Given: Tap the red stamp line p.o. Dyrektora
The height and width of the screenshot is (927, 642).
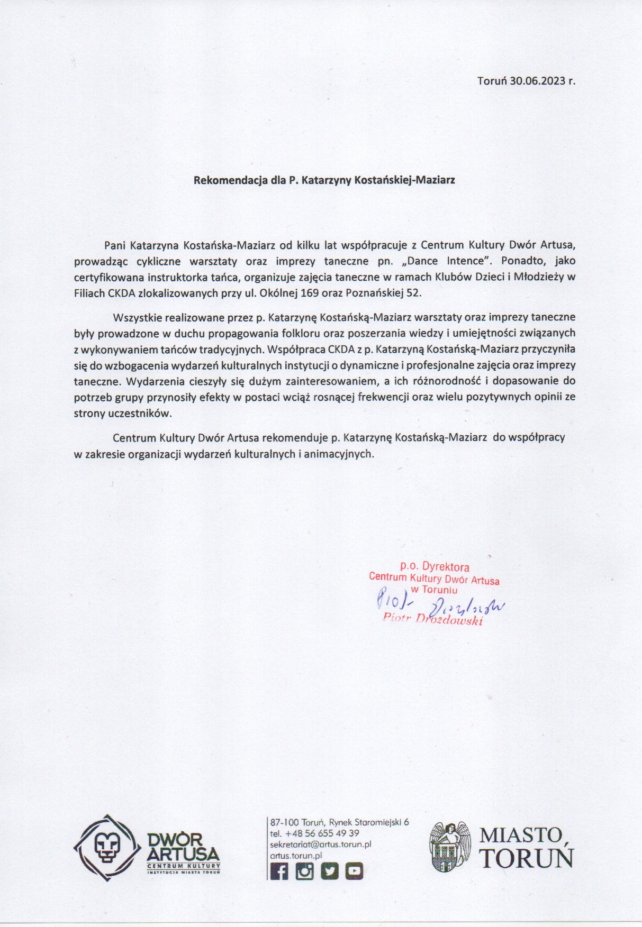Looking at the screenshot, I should pyautogui.click(x=435, y=567).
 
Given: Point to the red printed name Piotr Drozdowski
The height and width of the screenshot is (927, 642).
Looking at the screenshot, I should pyautogui.click(x=433, y=619).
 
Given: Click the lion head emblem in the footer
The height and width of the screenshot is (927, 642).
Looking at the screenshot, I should pyautogui.click(x=107, y=846).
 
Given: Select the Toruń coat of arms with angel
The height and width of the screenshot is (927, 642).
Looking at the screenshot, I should pyautogui.click(x=450, y=847).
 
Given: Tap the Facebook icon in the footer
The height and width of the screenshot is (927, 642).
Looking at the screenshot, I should pyautogui.click(x=279, y=871).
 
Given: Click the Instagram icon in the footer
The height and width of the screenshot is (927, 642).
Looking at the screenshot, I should pyautogui.click(x=304, y=871).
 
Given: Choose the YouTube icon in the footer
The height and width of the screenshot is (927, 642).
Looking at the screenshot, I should pyautogui.click(x=354, y=871).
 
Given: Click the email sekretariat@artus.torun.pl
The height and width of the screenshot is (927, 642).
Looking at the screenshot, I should pyautogui.click(x=321, y=845).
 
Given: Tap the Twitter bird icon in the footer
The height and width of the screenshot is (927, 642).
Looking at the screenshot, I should pyautogui.click(x=329, y=871).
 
